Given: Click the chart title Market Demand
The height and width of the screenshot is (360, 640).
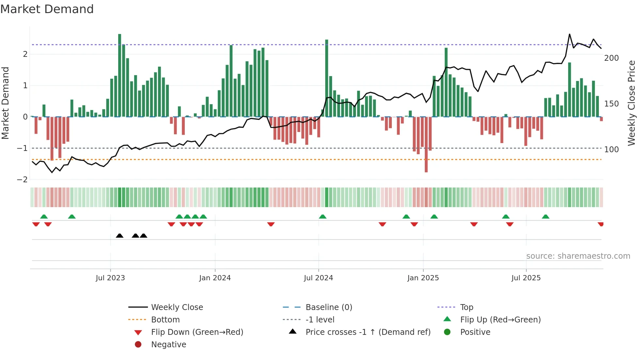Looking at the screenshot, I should click(47, 9).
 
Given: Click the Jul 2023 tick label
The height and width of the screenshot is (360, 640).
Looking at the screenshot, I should click(110, 278).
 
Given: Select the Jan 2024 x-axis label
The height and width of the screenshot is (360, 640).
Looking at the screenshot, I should click(215, 278).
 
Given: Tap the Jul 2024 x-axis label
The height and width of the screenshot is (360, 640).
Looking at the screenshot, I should click(318, 278).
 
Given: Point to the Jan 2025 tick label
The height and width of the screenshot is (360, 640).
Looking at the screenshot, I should click(423, 278).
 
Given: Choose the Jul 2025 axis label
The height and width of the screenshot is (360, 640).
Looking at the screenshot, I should click(526, 278).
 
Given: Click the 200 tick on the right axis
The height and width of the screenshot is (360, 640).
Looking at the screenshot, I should click(611, 58).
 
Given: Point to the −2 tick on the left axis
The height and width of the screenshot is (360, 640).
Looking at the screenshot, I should click(22, 180).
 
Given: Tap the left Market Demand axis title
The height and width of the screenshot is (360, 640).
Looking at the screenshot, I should click(5, 103).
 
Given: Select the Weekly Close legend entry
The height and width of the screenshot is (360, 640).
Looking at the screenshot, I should click(177, 307).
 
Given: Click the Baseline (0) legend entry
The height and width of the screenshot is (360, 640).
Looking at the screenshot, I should click(328, 307).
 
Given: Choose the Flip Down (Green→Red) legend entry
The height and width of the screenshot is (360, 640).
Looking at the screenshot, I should click(197, 332).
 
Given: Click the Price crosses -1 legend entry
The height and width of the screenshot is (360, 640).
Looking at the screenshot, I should click(368, 332).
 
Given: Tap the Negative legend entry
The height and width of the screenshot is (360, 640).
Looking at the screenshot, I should click(168, 345).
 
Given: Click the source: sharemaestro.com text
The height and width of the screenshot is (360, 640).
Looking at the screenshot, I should click(578, 256).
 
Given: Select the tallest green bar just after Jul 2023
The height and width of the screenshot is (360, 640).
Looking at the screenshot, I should click(120, 75).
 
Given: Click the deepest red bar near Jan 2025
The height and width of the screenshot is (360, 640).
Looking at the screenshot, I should click(426, 144).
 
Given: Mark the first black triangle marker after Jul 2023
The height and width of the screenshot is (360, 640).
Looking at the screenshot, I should click(120, 236).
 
